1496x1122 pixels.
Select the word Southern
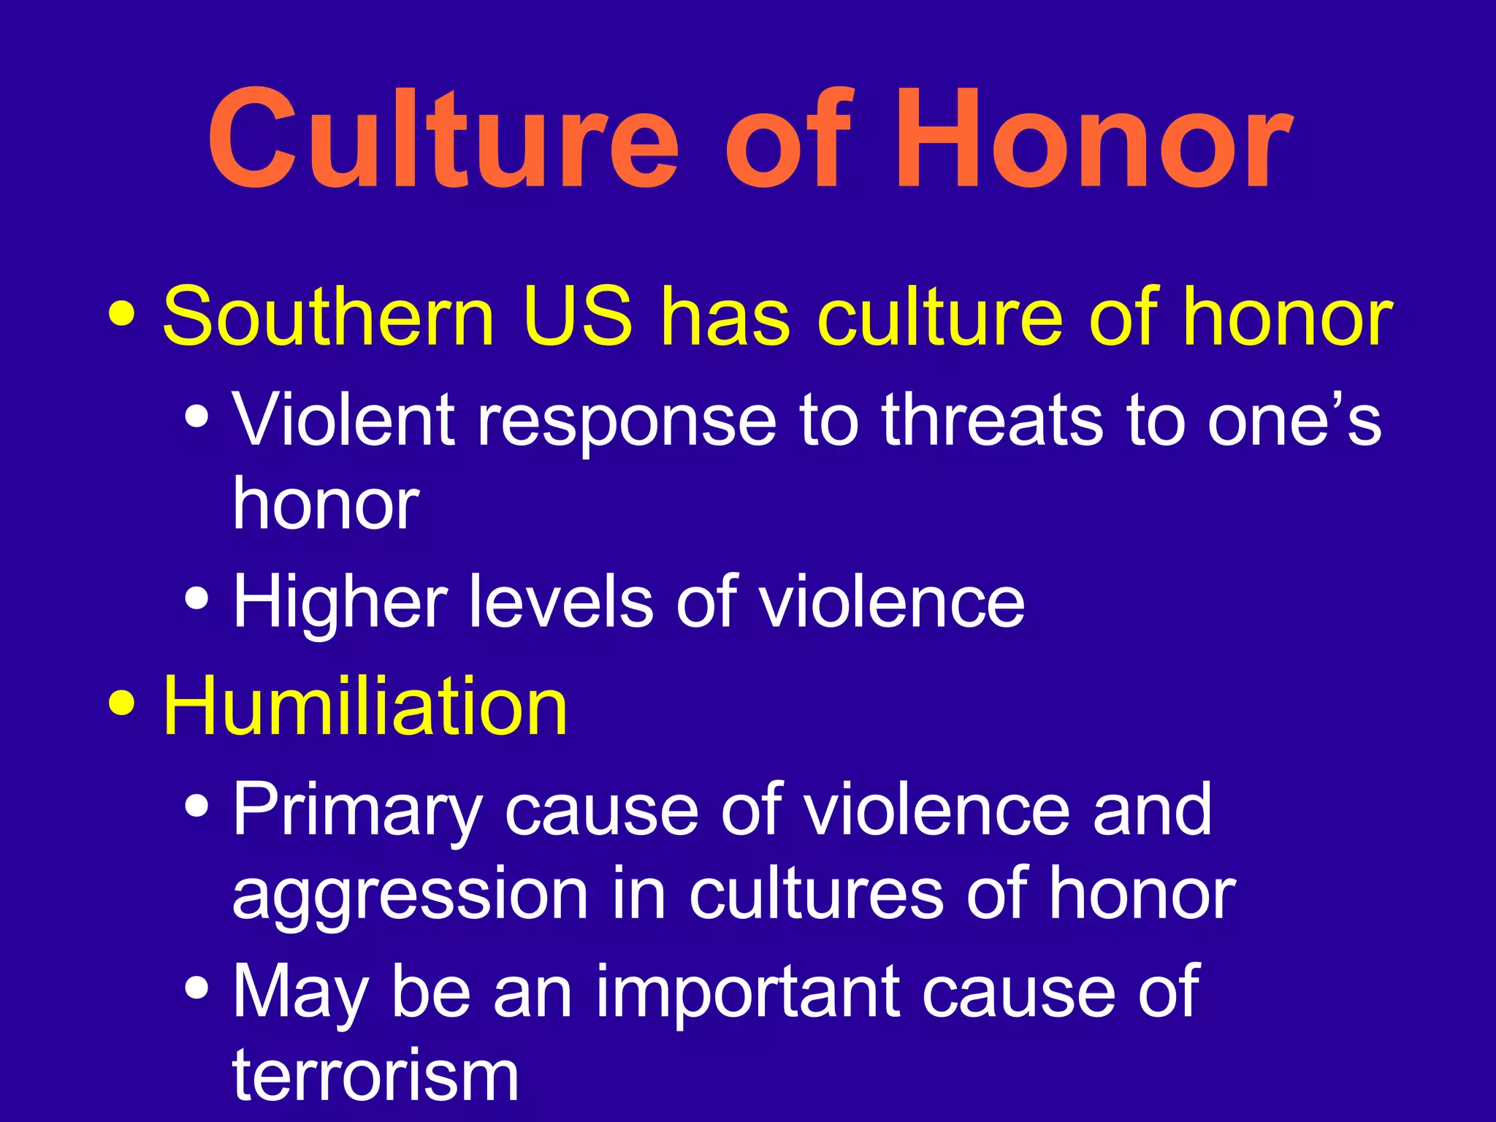point(329,317)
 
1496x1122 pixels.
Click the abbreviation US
point(577,317)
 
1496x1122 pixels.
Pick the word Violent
point(343,421)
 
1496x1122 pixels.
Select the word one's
point(1294,421)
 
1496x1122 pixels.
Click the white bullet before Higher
point(197,599)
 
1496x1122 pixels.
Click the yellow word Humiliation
point(365,706)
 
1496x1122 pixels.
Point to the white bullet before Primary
point(197,806)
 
